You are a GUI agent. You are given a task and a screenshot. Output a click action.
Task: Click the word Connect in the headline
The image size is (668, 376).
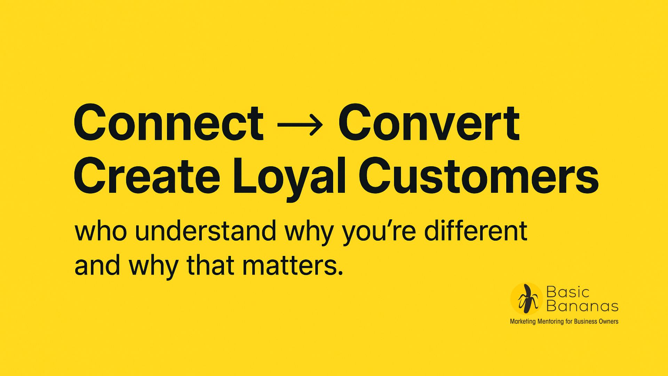point(169,123)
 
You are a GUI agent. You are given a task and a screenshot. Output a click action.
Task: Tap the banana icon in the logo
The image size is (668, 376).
point(527,299)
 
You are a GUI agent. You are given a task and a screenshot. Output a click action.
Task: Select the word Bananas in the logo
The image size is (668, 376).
point(582,306)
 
